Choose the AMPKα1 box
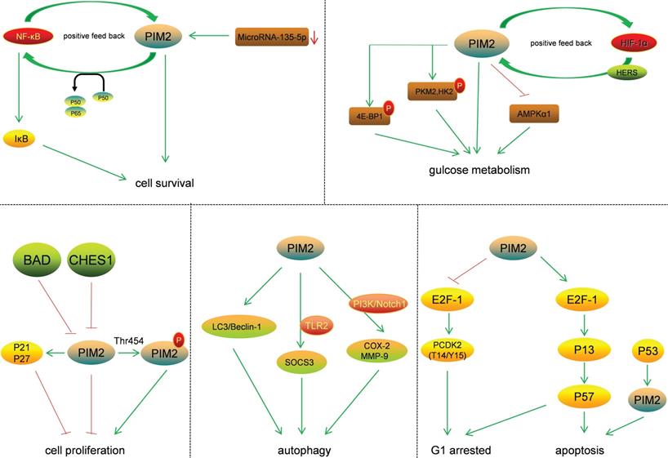[x=536, y=112]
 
